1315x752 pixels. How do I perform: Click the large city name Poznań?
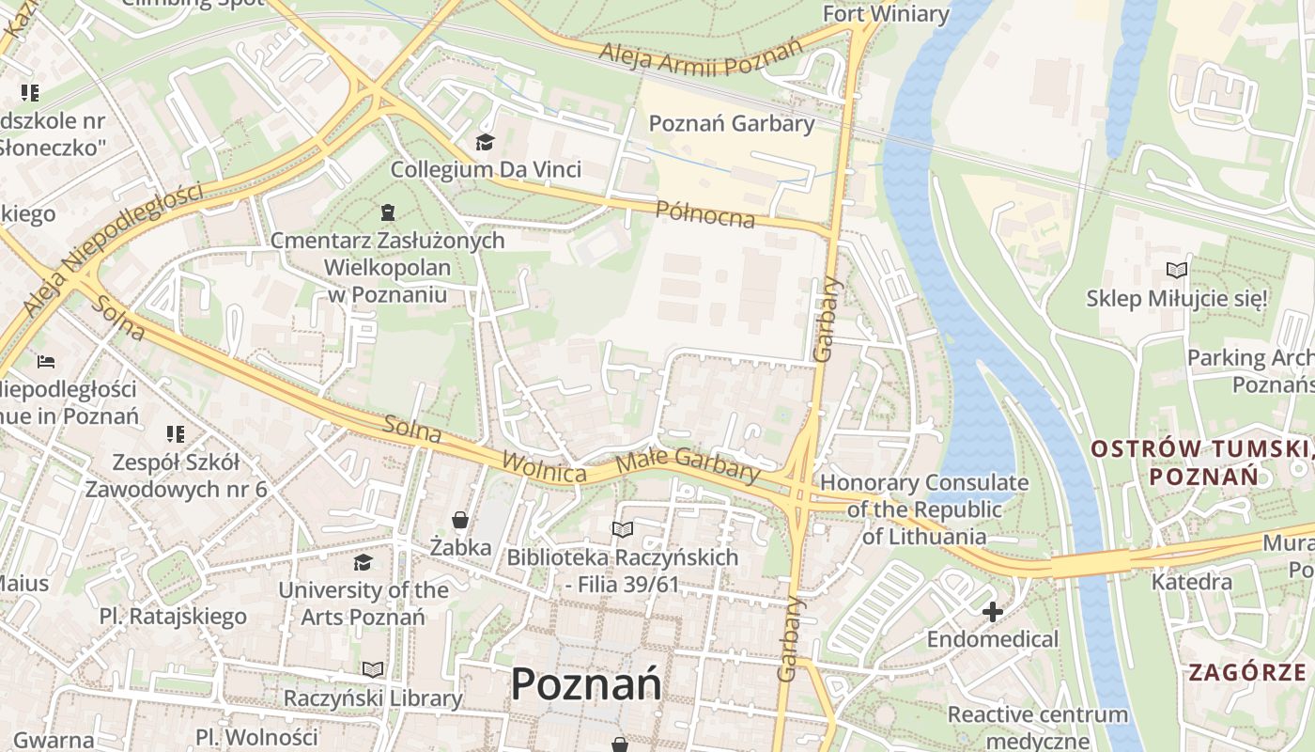tap(586, 683)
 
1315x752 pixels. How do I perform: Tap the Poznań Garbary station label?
tap(732, 123)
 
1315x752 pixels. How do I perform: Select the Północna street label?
tap(705, 213)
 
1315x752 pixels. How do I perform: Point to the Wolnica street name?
tap(544, 466)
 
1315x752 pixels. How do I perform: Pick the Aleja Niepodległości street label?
tap(113, 249)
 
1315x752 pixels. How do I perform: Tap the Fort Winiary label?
tap(886, 13)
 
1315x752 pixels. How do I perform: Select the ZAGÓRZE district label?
tap(1247, 672)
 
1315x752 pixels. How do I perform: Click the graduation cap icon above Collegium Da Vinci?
tap(485, 142)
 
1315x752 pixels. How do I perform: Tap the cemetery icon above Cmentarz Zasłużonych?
tap(388, 212)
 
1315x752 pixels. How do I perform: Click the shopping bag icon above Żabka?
tap(460, 519)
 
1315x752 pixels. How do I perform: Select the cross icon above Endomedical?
tap(993, 613)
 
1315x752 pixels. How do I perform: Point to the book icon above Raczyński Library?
tap(373, 669)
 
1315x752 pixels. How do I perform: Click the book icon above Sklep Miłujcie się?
tap(1176, 271)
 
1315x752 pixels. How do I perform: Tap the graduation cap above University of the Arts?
tap(363, 562)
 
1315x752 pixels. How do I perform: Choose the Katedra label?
tap(1192, 582)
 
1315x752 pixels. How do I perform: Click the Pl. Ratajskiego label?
tap(173, 617)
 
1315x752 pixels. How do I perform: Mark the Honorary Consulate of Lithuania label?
tap(924, 509)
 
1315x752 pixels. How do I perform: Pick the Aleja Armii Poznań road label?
tap(703, 58)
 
